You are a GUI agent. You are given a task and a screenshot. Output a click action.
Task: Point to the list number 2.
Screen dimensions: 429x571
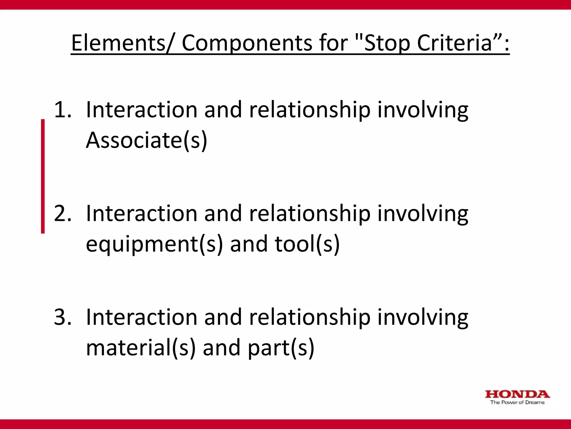(62, 213)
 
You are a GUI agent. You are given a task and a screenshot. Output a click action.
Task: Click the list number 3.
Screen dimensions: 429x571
(62, 317)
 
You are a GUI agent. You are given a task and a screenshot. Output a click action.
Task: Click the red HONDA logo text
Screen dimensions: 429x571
(517, 394)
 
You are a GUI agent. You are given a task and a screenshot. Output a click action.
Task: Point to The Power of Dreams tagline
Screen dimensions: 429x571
(517, 402)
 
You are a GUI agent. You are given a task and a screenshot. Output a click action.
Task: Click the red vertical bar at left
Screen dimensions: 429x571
(43, 176)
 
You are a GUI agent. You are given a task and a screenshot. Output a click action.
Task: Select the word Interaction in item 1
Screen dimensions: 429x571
(142, 109)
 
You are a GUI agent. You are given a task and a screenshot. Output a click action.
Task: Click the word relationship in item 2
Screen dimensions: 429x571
(310, 213)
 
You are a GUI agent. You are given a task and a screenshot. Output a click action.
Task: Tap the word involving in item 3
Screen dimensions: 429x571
(423, 317)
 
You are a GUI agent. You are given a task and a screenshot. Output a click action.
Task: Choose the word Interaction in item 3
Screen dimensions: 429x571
(142, 317)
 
